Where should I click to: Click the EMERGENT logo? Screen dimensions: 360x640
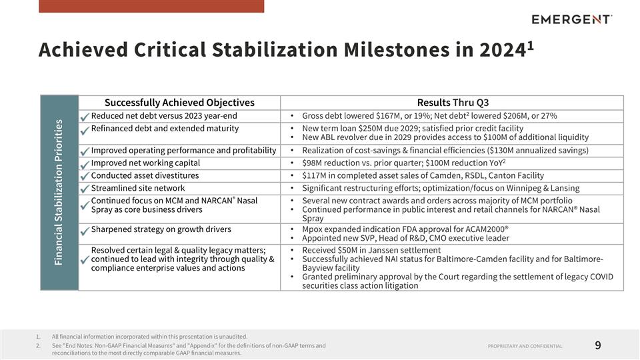[571, 19]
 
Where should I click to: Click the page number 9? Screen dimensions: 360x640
[597, 345]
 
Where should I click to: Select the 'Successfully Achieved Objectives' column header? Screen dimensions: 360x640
[179, 103]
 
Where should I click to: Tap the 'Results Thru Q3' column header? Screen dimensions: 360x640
[453, 103]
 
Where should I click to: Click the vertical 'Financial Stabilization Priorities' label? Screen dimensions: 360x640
[59, 192]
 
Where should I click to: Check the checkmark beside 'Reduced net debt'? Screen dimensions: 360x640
[84, 117]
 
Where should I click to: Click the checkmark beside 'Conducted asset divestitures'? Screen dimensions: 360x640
[84, 177]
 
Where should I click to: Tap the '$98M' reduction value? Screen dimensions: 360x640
[313, 163]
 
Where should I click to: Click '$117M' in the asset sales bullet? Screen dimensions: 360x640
[315, 175]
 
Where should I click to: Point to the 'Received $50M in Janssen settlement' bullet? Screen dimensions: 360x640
[371, 250]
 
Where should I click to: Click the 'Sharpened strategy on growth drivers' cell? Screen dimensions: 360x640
[161, 229]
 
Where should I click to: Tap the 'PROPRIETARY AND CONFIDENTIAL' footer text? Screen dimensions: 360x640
[525, 346]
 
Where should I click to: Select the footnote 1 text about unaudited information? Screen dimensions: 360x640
[149, 337]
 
